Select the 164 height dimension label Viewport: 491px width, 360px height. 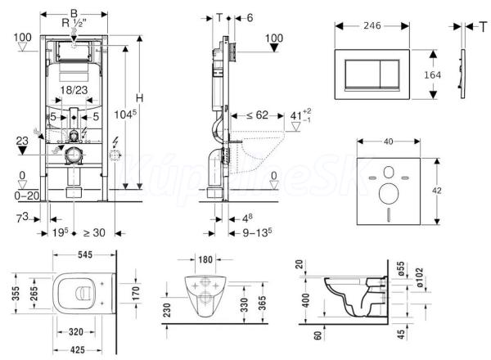(434, 74)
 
